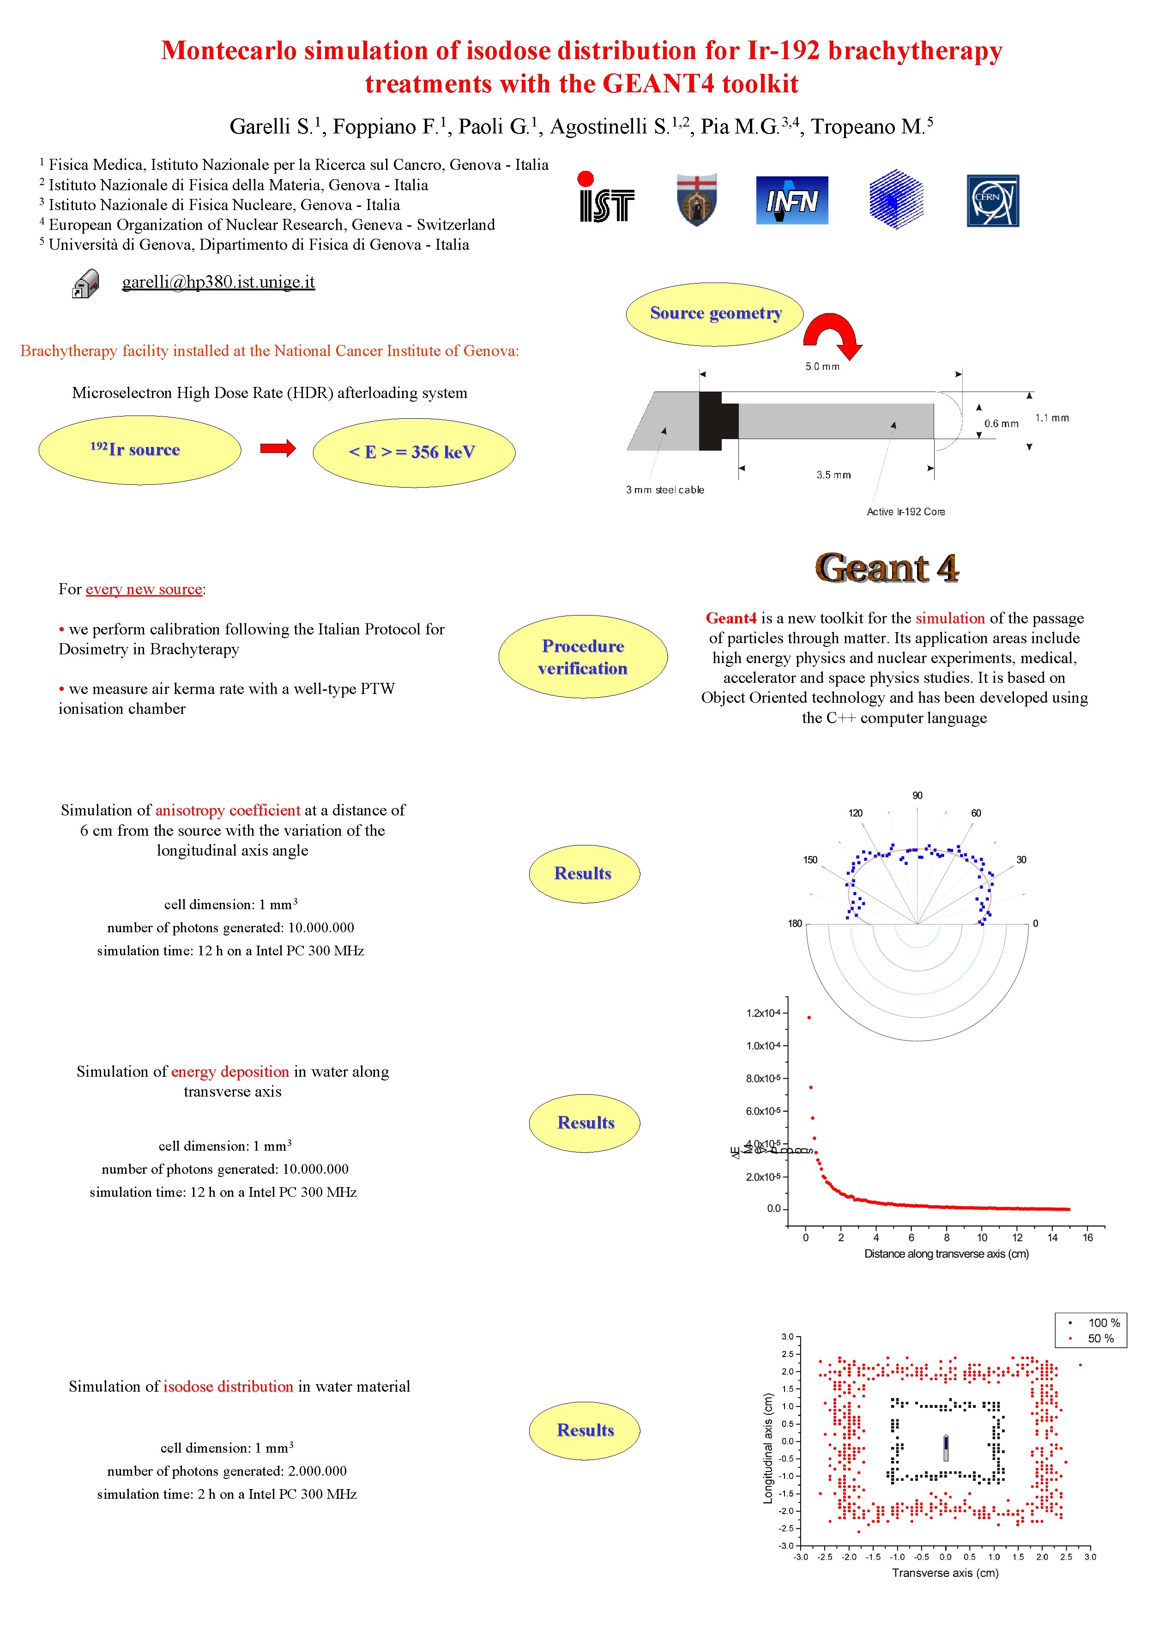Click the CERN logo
[x=992, y=201]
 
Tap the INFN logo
[x=791, y=201]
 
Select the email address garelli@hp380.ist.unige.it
[x=218, y=282]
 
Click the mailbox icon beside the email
[x=85, y=284]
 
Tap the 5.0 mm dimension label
[x=822, y=367]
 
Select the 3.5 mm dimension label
[x=833, y=475]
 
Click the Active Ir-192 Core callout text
[x=905, y=512]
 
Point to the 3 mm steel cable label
[x=664, y=490]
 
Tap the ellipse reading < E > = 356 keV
[x=413, y=452]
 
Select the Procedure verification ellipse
[x=583, y=657]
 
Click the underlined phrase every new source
[x=144, y=589]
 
